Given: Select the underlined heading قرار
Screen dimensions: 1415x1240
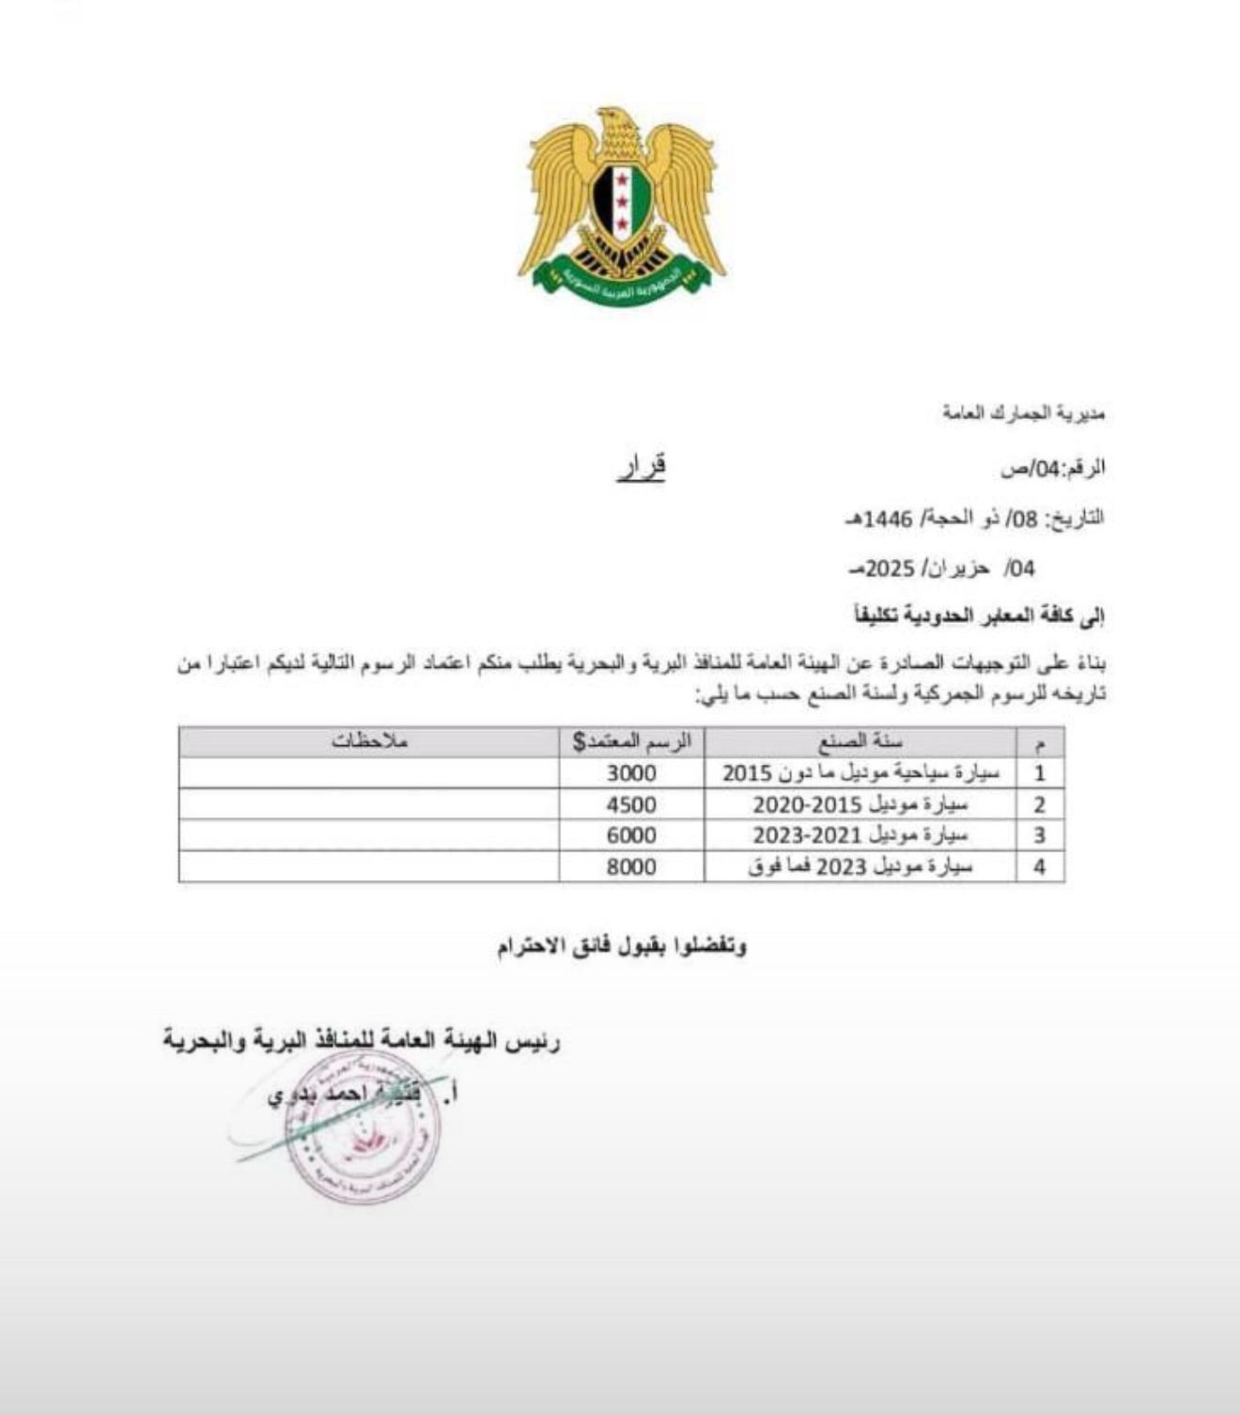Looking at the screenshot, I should pyautogui.click(x=642, y=467).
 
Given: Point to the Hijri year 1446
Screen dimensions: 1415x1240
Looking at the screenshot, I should pyautogui.click(x=888, y=518).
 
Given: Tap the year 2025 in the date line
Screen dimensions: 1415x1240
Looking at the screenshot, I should pyautogui.click(x=890, y=568).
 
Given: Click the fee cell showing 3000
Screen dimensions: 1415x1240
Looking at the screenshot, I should pyautogui.click(x=631, y=773).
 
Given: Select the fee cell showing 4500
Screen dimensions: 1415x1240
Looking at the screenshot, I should pyautogui.click(x=631, y=804).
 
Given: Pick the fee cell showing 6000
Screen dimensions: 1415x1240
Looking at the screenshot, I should pyautogui.click(x=631, y=835).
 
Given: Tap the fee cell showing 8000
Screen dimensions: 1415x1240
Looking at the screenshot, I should pyautogui.click(x=631, y=866).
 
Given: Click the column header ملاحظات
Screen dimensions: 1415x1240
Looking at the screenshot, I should pyautogui.click(x=369, y=741).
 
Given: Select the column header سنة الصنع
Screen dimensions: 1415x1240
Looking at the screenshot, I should pyautogui.click(x=860, y=741).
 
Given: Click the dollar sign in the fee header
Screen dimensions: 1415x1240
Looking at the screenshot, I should pyautogui.click(x=579, y=742).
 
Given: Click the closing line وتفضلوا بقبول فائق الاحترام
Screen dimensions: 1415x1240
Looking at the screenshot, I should pyautogui.click(x=622, y=946).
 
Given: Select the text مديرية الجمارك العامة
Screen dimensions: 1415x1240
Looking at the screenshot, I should pyautogui.click(x=1024, y=413).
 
